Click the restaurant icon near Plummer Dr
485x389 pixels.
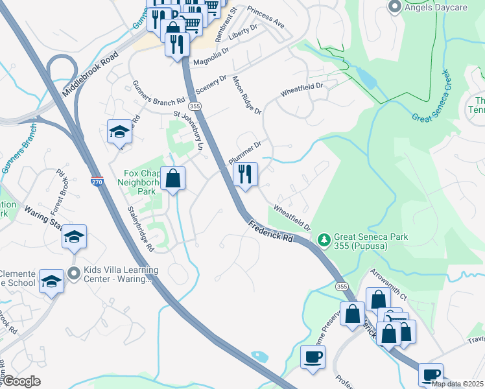(245, 174)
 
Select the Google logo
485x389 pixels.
(21, 381)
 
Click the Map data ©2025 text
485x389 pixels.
(456, 384)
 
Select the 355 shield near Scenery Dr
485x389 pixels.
(194, 105)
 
